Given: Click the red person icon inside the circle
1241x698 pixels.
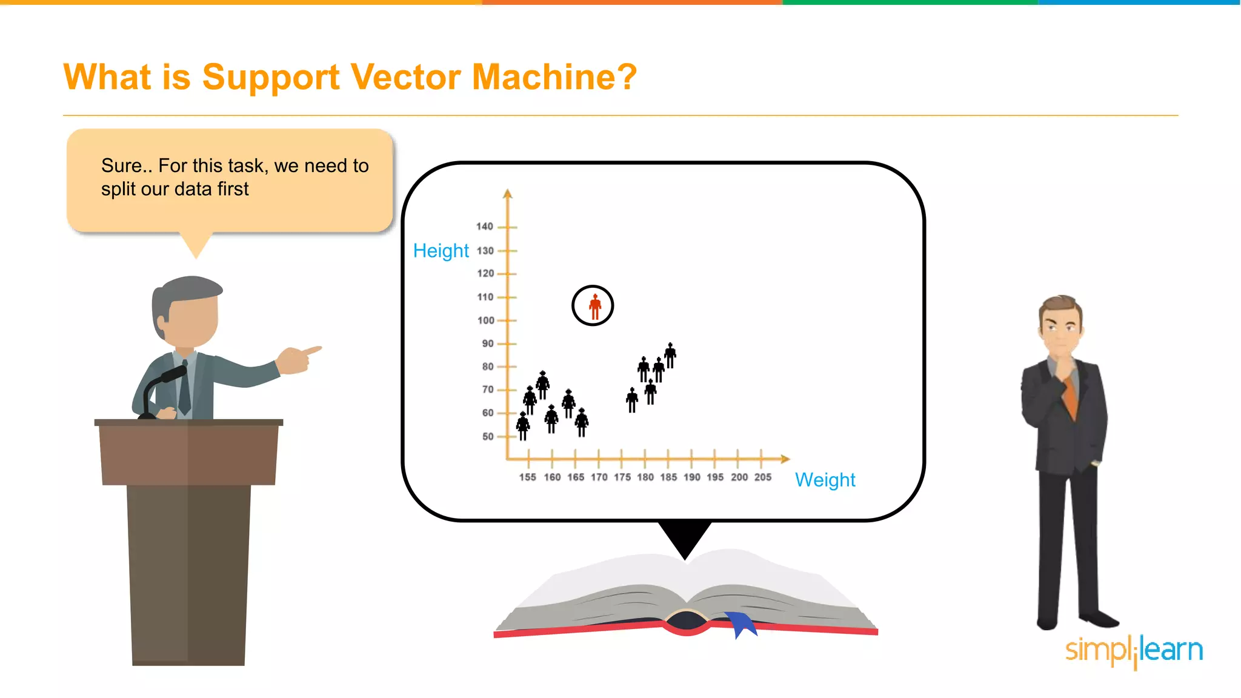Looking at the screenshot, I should click(595, 307).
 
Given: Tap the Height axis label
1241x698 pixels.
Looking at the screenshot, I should click(441, 251).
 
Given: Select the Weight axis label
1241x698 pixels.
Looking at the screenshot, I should click(825, 480).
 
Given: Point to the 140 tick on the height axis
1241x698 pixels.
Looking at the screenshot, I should click(485, 227).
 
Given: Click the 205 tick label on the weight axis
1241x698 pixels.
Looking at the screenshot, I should click(762, 477).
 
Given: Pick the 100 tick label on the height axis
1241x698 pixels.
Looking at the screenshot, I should click(486, 321).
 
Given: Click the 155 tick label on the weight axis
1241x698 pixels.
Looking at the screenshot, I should click(527, 477).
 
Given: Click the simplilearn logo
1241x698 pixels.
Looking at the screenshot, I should click(1134, 651).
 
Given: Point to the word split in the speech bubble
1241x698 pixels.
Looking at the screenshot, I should click(118, 190).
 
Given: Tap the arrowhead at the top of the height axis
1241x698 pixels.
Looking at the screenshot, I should click(508, 194).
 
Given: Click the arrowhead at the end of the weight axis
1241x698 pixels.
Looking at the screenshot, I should click(785, 459).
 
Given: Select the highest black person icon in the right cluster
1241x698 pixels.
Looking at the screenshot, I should click(670, 355).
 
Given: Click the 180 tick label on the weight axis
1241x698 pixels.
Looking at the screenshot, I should click(645, 477).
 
